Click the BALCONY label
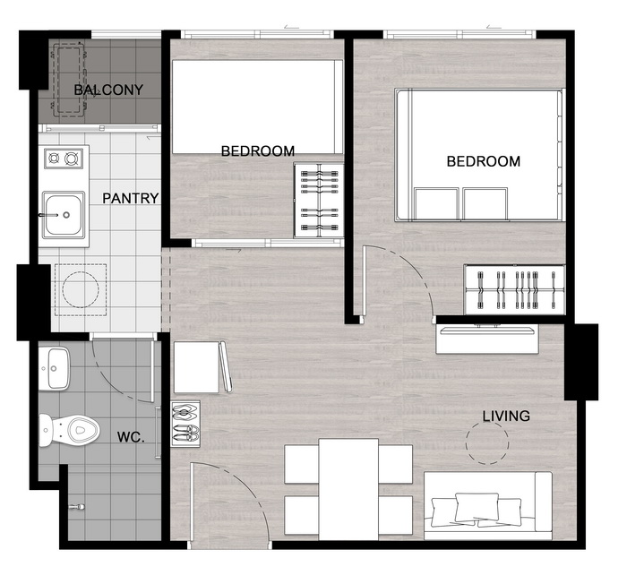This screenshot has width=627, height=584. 108,90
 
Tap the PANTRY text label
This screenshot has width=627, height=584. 131,198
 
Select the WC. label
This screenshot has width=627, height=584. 131,437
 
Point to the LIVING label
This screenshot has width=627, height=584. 506,416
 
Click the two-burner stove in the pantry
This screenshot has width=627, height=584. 64,159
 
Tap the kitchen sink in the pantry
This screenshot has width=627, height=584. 64,214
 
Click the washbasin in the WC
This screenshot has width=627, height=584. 54,368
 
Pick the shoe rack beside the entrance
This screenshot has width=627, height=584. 185,424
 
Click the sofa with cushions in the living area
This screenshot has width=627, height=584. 488,506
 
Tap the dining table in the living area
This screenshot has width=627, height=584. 348,489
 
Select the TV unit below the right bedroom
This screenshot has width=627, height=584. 487,339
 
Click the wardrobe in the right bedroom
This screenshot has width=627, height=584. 515,289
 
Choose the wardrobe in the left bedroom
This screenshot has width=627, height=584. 319,200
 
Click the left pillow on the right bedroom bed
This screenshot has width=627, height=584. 436,203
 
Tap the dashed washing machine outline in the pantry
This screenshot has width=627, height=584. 81,290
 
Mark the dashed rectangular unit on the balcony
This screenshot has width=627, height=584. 69,80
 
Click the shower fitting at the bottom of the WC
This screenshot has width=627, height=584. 77,507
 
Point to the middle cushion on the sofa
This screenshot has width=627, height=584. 477,507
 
